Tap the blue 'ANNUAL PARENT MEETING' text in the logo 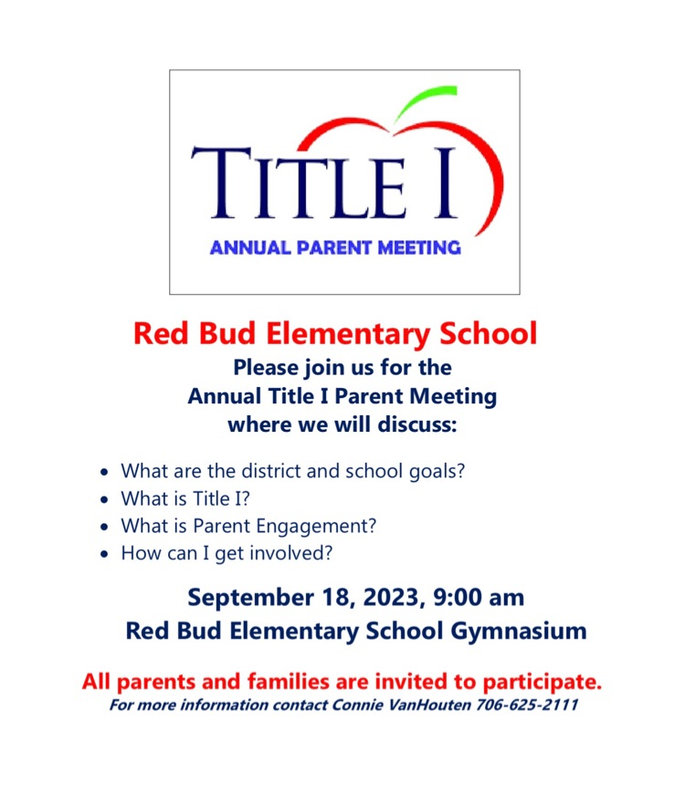(x=335, y=247)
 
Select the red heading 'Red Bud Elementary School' (x=335, y=333)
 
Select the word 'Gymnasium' (x=513, y=630)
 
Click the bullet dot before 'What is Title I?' (x=106, y=500)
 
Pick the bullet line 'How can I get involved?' (x=227, y=553)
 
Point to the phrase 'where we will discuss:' (x=342, y=424)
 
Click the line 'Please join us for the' (x=342, y=368)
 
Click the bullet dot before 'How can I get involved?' (x=106, y=554)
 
